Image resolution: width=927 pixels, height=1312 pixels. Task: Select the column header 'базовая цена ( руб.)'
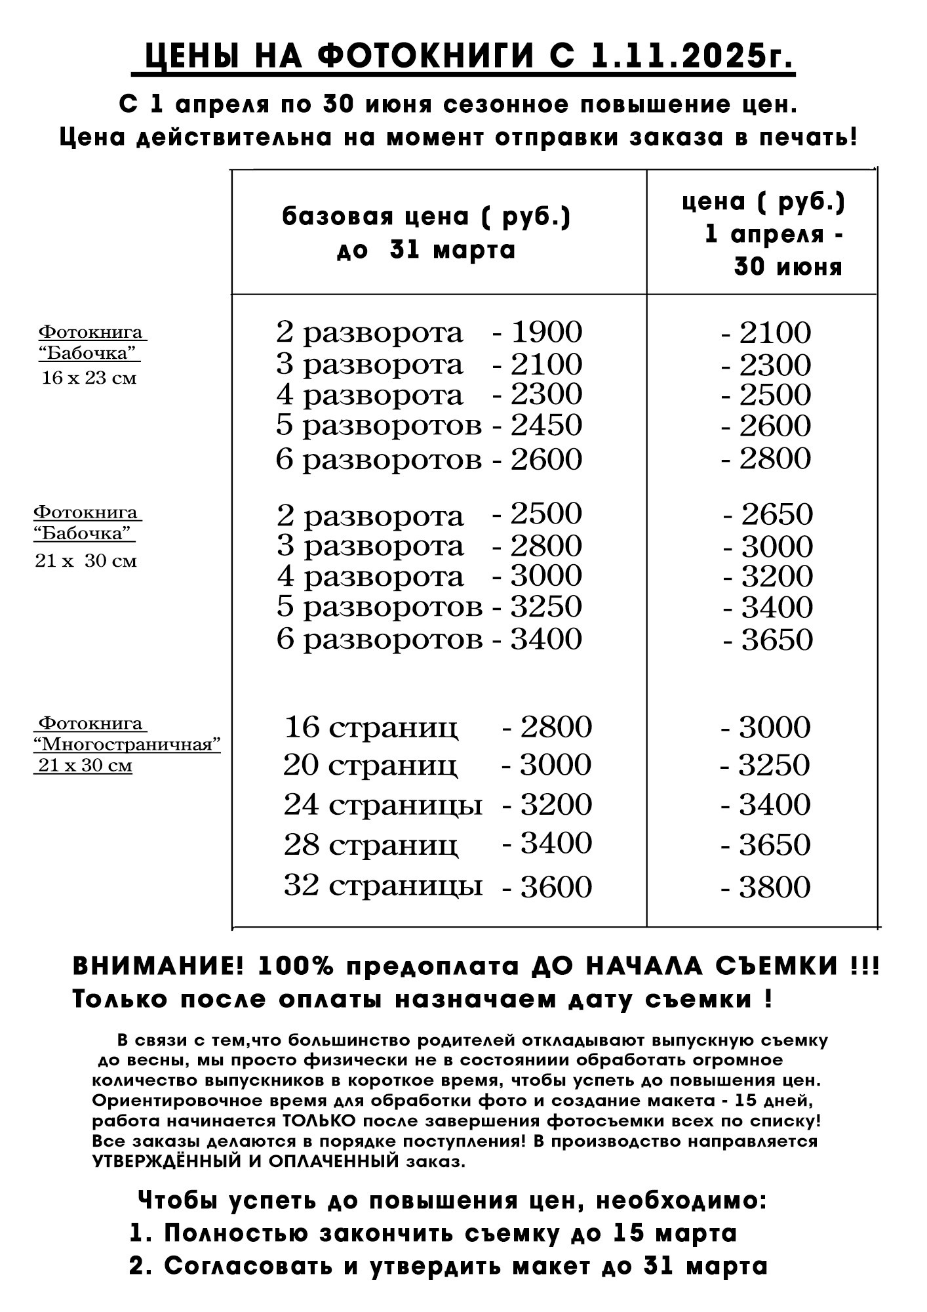tap(426, 217)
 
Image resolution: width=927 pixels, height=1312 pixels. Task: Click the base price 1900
tap(546, 332)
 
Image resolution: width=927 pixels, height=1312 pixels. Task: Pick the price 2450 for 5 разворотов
tap(546, 425)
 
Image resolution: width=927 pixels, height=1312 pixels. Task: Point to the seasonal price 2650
tap(777, 514)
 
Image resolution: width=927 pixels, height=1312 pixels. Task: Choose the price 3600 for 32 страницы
tap(556, 887)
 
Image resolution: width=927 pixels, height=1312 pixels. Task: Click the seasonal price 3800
tap(775, 888)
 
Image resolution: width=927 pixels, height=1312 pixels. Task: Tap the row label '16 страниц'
tap(371, 728)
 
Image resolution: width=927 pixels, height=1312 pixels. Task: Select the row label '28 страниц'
tap(371, 846)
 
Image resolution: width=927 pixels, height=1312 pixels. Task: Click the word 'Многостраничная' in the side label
tap(127, 745)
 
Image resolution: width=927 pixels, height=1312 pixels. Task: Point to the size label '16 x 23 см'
tap(89, 379)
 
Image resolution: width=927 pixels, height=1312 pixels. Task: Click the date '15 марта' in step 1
tap(675, 1233)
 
